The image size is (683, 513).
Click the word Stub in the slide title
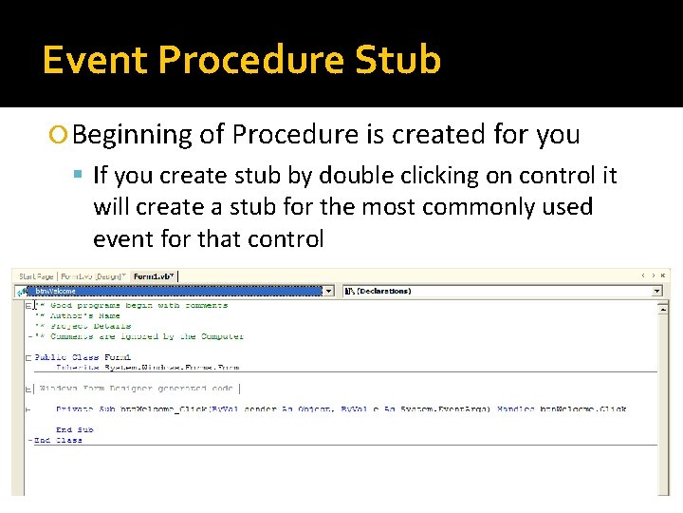click(398, 59)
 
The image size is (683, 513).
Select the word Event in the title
click(95, 59)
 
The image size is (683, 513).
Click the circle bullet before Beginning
click(61, 136)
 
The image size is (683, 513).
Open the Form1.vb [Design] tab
click(94, 276)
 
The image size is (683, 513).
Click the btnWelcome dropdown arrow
click(329, 291)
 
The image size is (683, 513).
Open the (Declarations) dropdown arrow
click(656, 291)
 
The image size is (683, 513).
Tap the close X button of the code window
click(664, 275)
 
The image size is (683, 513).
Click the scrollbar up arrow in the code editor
click(664, 305)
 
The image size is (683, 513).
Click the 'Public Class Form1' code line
click(83, 357)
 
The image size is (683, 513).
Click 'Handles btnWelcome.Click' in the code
click(579, 409)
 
